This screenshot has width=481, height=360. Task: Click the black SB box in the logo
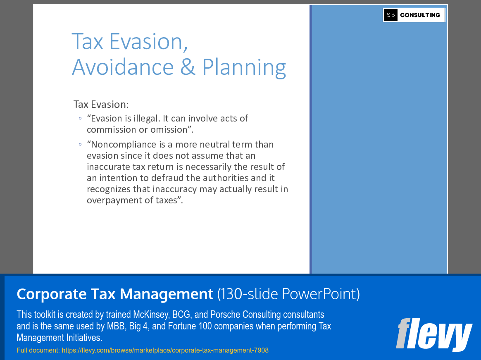[391, 15]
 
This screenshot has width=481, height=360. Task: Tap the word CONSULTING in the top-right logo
[420, 15]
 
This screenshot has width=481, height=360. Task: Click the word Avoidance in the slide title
[123, 67]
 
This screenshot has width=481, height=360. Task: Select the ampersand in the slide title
[188, 67]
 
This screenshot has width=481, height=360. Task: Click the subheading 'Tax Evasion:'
[101, 104]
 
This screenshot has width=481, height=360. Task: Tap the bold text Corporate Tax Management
[115, 294]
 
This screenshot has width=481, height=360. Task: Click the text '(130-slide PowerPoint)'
[288, 294]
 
